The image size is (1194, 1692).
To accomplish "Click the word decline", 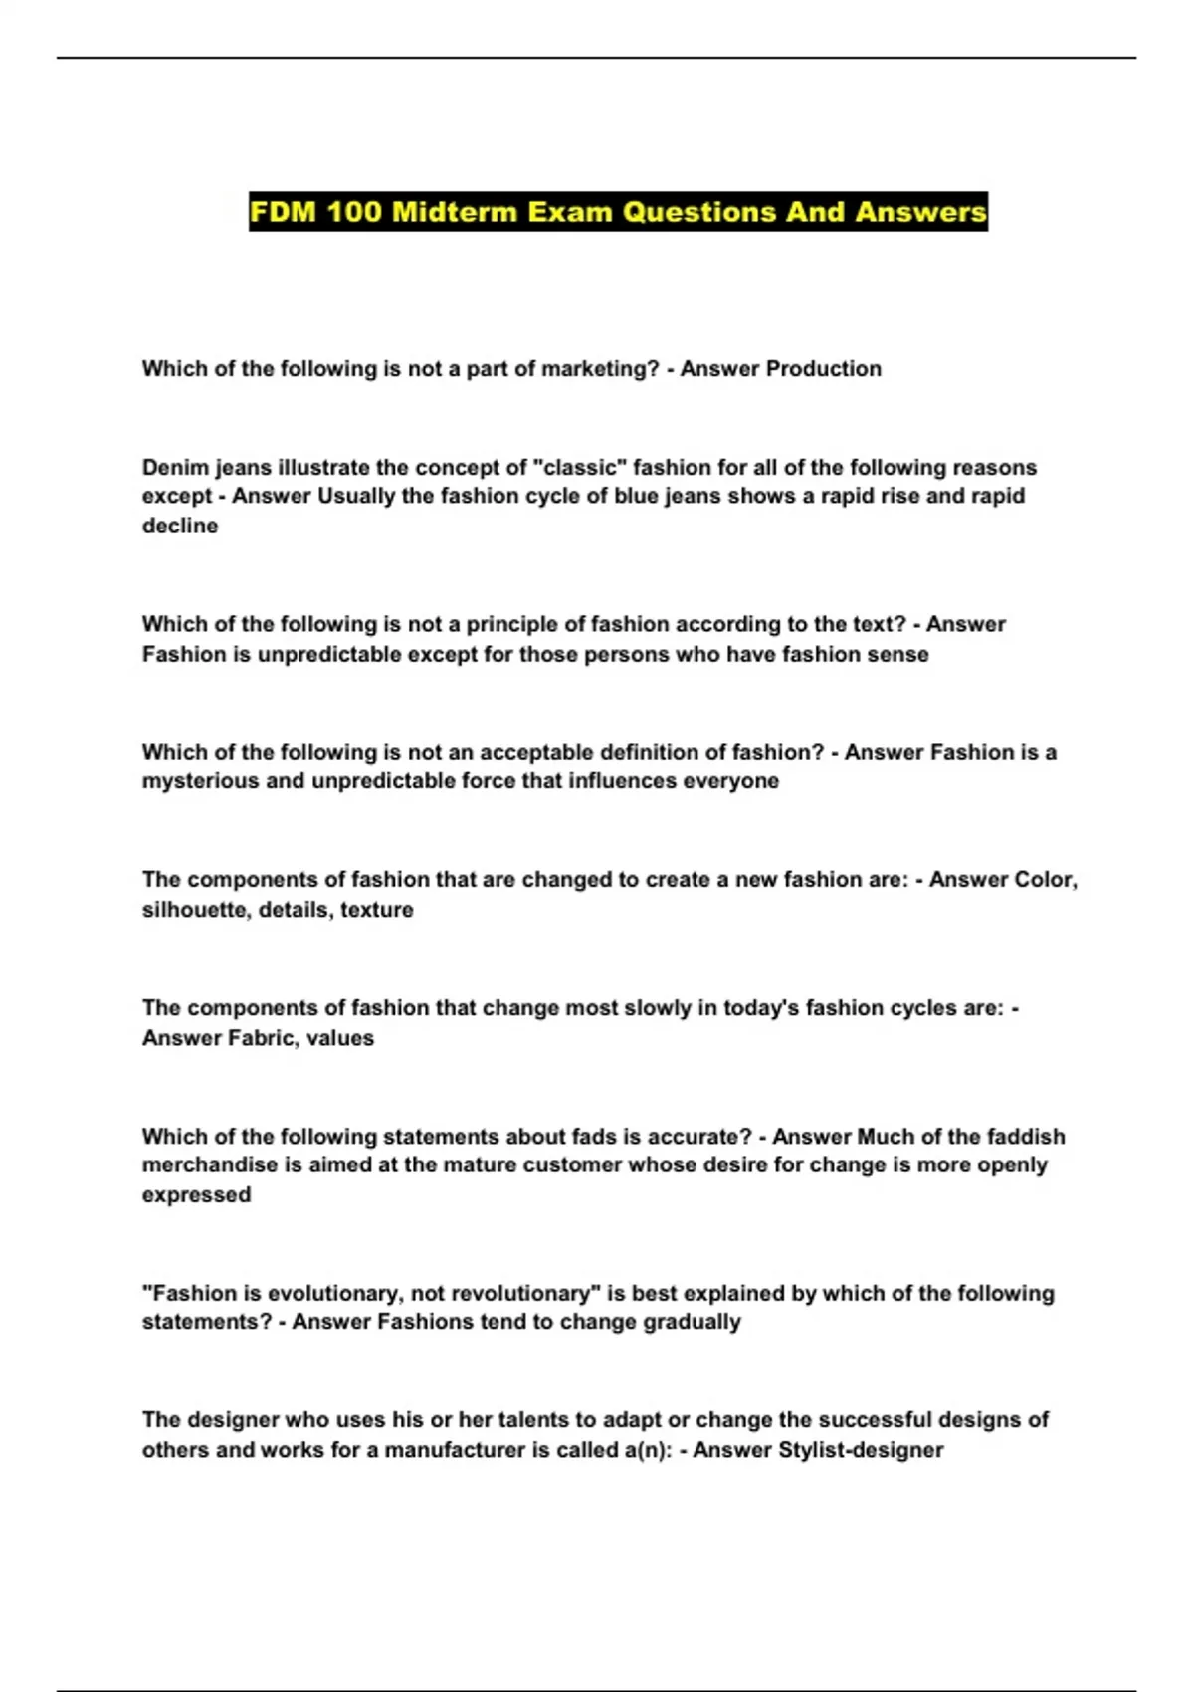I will [180, 526].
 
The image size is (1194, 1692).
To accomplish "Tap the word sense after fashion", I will [900, 654].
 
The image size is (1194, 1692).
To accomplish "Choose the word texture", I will [377, 909].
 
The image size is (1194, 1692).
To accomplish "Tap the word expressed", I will [196, 1194].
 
